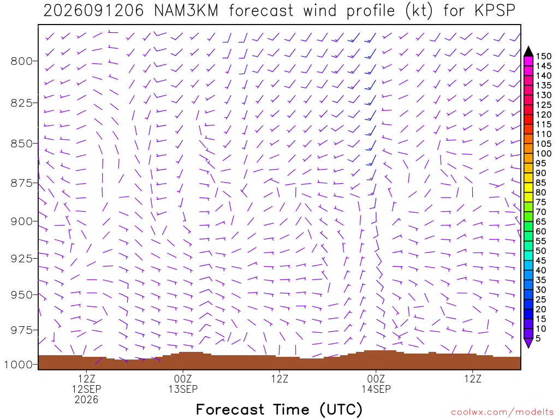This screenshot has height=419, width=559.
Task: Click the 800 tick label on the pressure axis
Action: pyautogui.click(x=21, y=61)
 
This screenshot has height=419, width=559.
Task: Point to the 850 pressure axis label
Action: pyautogui.click(x=21, y=143)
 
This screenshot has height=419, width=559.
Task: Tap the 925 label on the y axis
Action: pyautogui.click(x=21, y=258)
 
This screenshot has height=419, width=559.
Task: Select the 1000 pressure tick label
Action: pyautogui.click(x=19, y=364)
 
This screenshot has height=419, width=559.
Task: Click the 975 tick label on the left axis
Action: pyautogui.click(x=21, y=330)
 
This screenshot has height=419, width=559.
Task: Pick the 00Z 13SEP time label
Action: pyautogui.click(x=183, y=384)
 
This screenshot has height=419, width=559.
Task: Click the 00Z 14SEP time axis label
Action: pyautogui.click(x=376, y=384)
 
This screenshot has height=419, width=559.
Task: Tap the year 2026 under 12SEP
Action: pyautogui.click(x=86, y=400)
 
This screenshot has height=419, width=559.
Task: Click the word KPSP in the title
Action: pyautogui.click(x=495, y=11)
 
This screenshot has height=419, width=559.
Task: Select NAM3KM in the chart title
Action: pyautogui.click(x=186, y=11)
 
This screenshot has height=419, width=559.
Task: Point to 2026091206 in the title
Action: pyautogui.click(x=93, y=11)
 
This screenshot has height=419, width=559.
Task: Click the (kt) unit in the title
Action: pyautogui.click(x=419, y=11)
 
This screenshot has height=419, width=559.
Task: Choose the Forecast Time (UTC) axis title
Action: pyautogui.click(x=279, y=410)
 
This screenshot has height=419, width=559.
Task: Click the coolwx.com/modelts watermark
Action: pyautogui.click(x=502, y=412)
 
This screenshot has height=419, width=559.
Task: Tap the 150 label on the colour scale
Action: pyautogui.click(x=544, y=56)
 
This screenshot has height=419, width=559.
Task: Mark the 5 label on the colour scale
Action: pyautogui.click(x=538, y=338)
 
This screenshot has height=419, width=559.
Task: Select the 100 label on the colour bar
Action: pyautogui.click(x=544, y=153)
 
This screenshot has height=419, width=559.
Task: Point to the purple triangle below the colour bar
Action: pyautogui.click(x=528, y=343)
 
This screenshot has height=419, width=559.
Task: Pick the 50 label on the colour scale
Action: pyautogui.click(x=541, y=251)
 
